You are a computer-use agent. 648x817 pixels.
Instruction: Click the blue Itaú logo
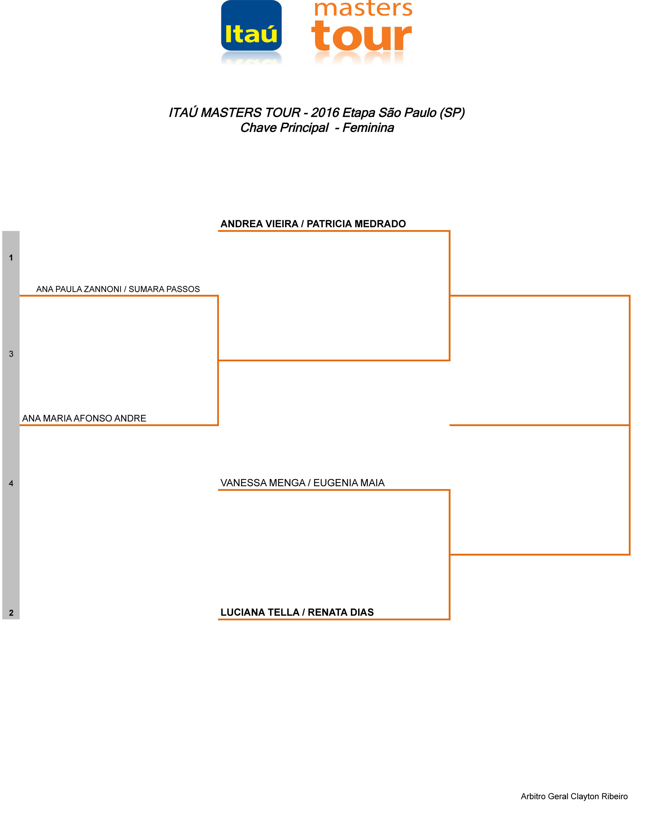point(251,26)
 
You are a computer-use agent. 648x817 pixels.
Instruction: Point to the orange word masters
point(363,9)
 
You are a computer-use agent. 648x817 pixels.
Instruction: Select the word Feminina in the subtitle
point(368,128)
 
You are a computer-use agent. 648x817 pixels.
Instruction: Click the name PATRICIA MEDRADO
point(356,224)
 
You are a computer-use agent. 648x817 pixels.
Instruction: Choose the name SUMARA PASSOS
point(164,289)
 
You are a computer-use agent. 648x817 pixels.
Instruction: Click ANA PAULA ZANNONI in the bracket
point(79,289)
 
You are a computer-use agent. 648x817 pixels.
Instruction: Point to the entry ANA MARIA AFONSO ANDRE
point(84,418)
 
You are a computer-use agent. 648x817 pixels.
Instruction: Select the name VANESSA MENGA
point(263,483)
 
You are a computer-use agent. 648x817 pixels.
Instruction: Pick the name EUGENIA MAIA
point(349,483)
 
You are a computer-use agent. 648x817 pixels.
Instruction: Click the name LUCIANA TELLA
point(260,612)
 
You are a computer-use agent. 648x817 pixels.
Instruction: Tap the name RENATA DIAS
point(341,612)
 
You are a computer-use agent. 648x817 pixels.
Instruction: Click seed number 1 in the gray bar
point(11,258)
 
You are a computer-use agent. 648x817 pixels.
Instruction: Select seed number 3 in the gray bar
point(11,354)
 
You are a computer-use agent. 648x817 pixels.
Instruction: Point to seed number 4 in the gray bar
point(11,483)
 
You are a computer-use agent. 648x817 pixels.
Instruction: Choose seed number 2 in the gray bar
point(11,613)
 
